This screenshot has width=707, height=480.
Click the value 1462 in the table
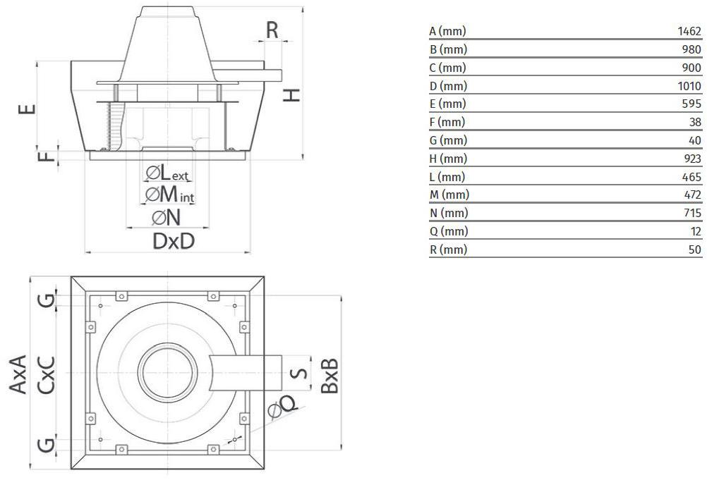(689, 32)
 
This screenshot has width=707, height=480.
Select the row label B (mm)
(448, 50)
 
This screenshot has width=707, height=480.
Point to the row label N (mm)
(448, 213)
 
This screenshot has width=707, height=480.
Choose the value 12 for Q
(696, 231)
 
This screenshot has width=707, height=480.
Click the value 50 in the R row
(695, 250)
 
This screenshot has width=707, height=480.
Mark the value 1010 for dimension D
(689, 86)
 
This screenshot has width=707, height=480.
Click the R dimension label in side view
(272, 30)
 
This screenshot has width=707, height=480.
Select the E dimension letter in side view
(26, 109)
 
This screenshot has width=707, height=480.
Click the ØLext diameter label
(167, 173)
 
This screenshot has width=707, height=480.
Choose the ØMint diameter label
(169, 195)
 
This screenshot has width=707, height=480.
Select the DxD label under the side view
(174, 242)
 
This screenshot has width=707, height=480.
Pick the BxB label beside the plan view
(330, 375)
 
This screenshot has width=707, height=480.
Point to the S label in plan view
(301, 371)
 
